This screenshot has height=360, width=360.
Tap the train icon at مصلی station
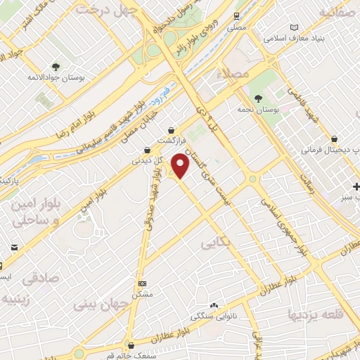(236, 15)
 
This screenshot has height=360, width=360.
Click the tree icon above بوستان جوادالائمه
(56, 67)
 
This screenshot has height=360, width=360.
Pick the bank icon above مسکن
(143, 283)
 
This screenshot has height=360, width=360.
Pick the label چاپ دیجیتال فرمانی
(326, 150)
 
